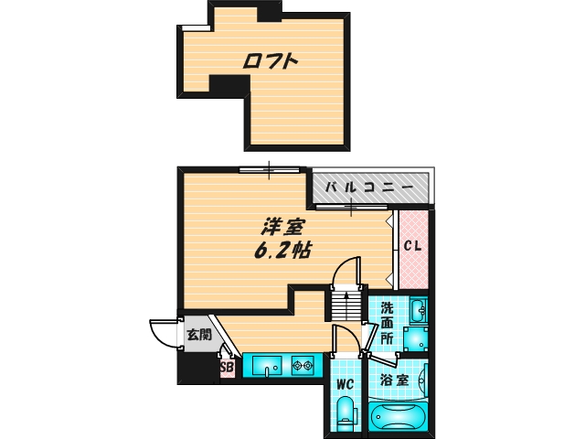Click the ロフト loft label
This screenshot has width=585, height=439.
[x=271, y=62]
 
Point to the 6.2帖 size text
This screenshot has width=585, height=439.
[x=280, y=249]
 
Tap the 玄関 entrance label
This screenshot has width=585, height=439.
[x=199, y=335]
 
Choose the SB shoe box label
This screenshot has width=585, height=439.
[x=227, y=369]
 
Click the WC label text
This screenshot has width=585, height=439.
[x=345, y=384]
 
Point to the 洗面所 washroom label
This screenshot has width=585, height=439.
[x=388, y=323]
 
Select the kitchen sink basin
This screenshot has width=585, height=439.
[x=266, y=367]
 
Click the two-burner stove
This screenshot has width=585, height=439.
[x=303, y=367]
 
